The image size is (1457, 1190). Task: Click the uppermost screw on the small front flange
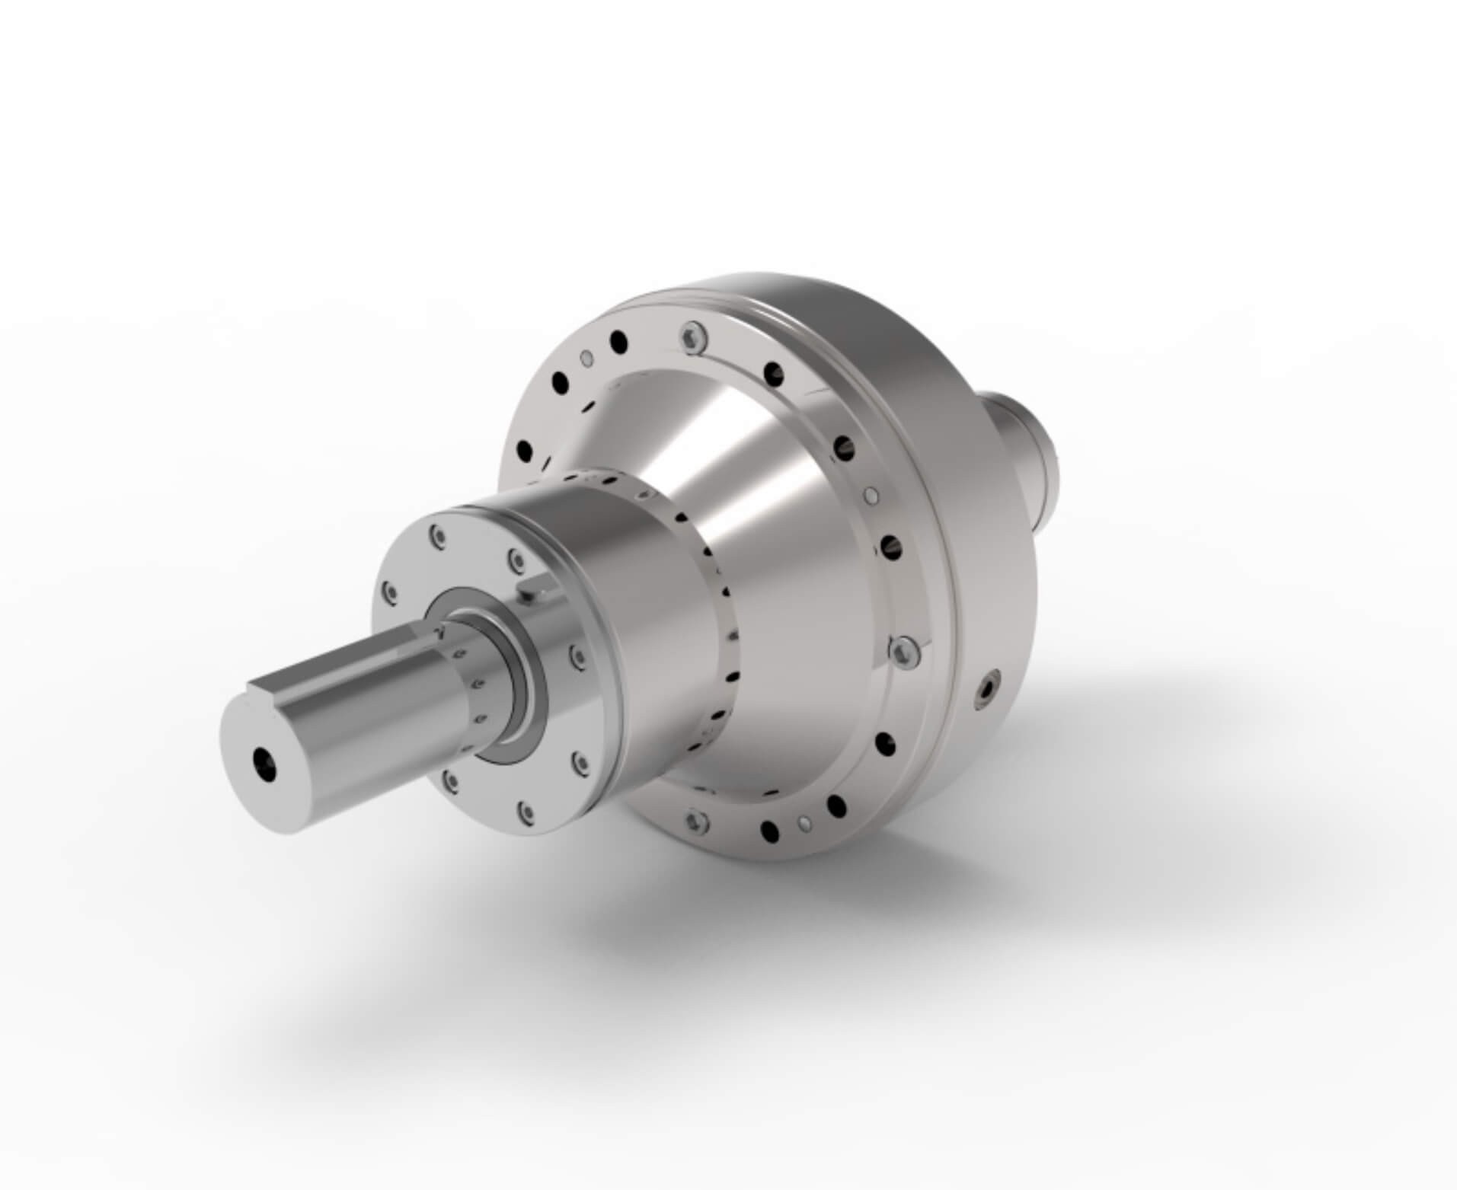[x=436, y=536]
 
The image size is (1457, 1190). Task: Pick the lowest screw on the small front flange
[x=525, y=812]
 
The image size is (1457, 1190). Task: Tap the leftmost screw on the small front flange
[x=389, y=592]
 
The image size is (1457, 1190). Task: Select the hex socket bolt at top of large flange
[x=692, y=337]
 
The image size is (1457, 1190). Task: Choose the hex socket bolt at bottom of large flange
[x=693, y=820]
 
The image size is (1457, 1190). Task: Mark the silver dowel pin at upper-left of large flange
[x=585, y=357]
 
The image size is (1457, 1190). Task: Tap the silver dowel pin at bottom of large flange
[x=802, y=823]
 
